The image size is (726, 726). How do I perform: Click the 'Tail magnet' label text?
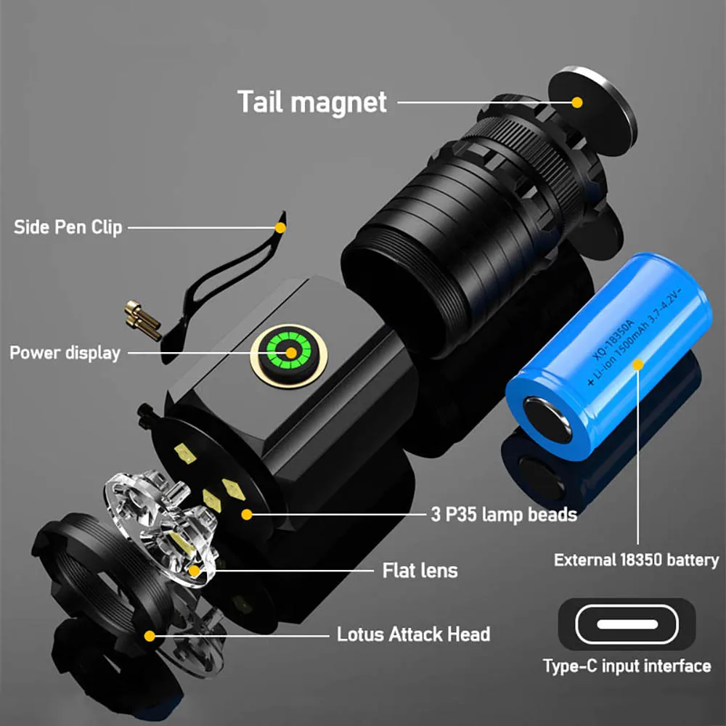coord(312,102)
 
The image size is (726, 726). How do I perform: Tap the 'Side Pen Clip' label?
coord(68,227)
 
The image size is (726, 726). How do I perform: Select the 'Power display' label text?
coord(65,354)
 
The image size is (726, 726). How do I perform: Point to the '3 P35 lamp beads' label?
coord(503,515)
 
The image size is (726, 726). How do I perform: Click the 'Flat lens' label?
coord(420,571)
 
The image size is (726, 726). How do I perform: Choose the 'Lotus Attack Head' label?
coord(413,635)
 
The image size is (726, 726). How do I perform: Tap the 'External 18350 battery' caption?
coord(636,560)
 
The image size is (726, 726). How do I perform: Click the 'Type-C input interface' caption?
coord(627,666)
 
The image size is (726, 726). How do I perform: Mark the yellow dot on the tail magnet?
coord(577,102)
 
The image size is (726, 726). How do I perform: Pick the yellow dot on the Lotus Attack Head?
coord(149,636)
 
